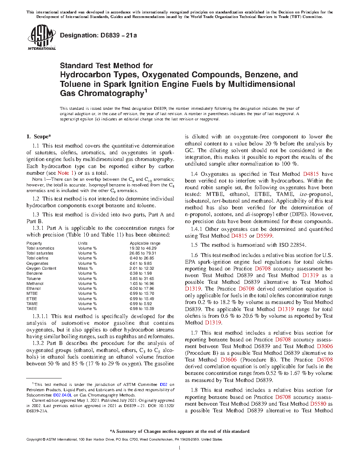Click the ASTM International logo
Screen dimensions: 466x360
(41, 37)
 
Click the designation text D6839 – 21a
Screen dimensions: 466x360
(98, 35)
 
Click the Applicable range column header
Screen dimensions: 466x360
(145, 243)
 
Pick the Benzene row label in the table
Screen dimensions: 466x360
(34, 273)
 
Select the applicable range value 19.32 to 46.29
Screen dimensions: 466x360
(143, 248)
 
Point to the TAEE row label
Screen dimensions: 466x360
(31, 309)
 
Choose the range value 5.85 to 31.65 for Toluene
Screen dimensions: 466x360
(142, 279)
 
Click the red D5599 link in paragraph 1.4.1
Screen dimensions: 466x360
(264, 236)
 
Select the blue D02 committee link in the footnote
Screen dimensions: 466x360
(163, 384)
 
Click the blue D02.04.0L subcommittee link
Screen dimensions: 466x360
(62, 395)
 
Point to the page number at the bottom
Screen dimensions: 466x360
(180, 448)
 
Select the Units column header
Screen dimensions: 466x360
(83, 243)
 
